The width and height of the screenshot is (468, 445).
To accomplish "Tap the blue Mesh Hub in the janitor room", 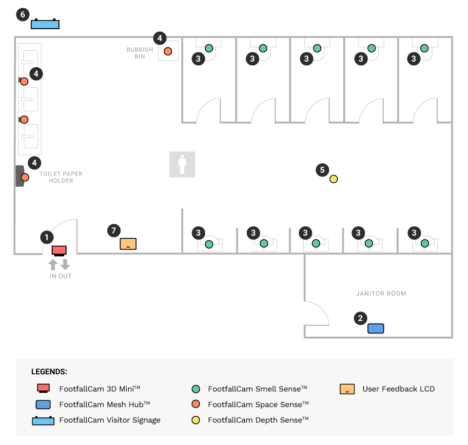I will [x=375, y=329].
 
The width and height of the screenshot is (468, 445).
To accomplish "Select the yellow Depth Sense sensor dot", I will [x=333, y=179].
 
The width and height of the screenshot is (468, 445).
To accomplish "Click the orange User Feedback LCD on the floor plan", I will [x=128, y=244].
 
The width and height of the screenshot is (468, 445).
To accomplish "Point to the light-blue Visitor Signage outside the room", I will [x=45, y=24].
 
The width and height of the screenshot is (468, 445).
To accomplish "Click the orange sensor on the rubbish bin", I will [x=168, y=51].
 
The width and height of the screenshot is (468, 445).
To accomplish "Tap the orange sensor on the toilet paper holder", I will [x=25, y=177].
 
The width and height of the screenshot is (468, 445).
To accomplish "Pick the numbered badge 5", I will [x=322, y=170].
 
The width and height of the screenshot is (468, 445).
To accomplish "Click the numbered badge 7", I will [x=114, y=231].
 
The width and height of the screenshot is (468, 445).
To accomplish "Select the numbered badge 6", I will [x=22, y=15].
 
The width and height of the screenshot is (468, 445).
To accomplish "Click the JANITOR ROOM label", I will [x=381, y=293].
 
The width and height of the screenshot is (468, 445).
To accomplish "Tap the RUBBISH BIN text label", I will [x=140, y=53].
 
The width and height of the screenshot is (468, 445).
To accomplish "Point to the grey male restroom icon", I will [x=182, y=164].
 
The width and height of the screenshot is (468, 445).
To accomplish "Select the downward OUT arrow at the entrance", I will [x=65, y=265].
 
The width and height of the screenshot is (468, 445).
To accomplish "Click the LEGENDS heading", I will [x=49, y=371].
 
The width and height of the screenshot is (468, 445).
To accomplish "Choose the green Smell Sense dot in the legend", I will [x=196, y=389].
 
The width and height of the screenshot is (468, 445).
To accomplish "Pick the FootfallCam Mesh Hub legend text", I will [x=104, y=405].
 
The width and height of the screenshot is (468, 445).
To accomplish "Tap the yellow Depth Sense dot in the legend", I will [x=196, y=420].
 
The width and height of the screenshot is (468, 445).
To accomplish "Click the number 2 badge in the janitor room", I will [x=360, y=319].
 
